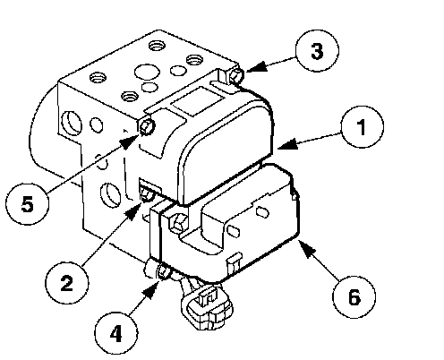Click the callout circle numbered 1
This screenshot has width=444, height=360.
point(362,127)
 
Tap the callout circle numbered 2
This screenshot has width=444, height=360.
point(67,282)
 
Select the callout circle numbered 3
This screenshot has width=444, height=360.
point(317,51)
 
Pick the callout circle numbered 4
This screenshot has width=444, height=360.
point(116,333)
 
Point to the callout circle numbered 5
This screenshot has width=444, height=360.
point(27,204)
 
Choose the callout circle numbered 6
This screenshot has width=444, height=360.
point(354,297)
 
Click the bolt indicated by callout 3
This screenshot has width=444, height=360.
point(236,75)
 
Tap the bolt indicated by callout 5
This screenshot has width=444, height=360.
point(147,126)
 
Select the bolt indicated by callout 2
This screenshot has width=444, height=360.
point(147,194)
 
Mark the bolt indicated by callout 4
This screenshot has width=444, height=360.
point(164,271)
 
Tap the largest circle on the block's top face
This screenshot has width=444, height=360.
point(147,72)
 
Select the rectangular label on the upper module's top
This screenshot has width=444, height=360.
point(198,101)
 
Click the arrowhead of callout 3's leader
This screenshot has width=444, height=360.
point(256,67)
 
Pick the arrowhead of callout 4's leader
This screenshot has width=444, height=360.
point(151,290)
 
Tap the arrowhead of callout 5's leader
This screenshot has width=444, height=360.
point(130,141)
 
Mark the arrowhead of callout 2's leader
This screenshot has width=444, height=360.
point(134,210)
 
